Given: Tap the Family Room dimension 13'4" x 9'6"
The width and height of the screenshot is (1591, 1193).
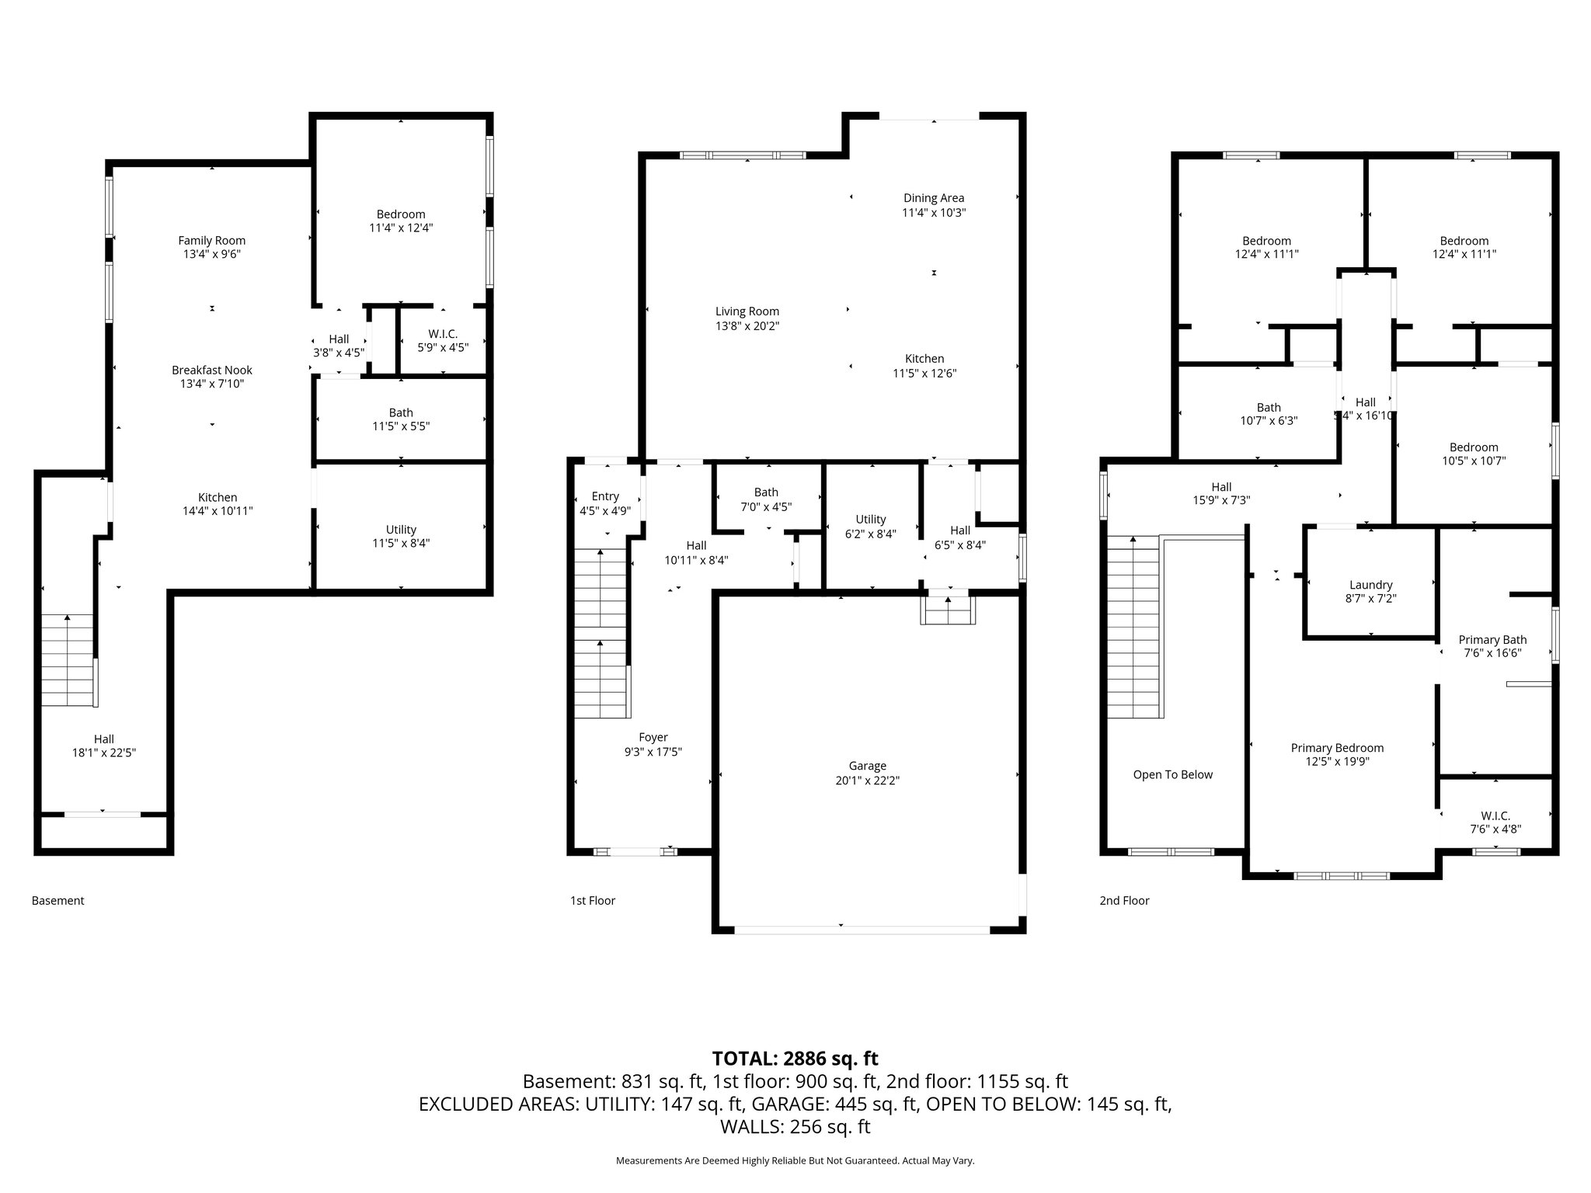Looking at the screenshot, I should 211,254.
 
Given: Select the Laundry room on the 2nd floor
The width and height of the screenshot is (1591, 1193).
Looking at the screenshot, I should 1370,585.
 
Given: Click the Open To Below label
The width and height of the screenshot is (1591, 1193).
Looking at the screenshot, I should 1172,774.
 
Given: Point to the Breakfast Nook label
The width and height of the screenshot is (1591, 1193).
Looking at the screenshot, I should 211,370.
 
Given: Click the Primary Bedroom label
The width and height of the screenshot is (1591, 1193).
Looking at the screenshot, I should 1337,748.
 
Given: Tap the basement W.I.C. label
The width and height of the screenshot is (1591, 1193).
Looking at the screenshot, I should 442,334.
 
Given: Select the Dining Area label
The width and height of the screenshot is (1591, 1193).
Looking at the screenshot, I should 933,198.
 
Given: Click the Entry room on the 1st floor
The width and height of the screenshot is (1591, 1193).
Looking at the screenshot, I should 605,496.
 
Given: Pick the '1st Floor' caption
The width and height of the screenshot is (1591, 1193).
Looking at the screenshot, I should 593,900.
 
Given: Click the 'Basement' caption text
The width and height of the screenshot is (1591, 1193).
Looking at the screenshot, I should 58,900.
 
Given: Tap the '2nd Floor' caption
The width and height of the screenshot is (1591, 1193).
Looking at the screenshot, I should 1124,900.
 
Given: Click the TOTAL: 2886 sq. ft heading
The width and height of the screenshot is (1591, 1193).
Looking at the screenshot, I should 795,1059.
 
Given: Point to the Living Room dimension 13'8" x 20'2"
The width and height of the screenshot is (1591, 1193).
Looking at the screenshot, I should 747,326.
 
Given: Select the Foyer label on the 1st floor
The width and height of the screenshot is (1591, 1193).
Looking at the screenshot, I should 653,737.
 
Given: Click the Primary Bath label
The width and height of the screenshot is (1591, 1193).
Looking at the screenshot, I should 1492,640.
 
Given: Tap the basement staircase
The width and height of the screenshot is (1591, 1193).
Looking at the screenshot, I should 67,660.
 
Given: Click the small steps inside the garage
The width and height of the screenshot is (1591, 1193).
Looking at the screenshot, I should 948,610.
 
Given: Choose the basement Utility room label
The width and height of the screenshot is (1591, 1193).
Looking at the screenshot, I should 401,530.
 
